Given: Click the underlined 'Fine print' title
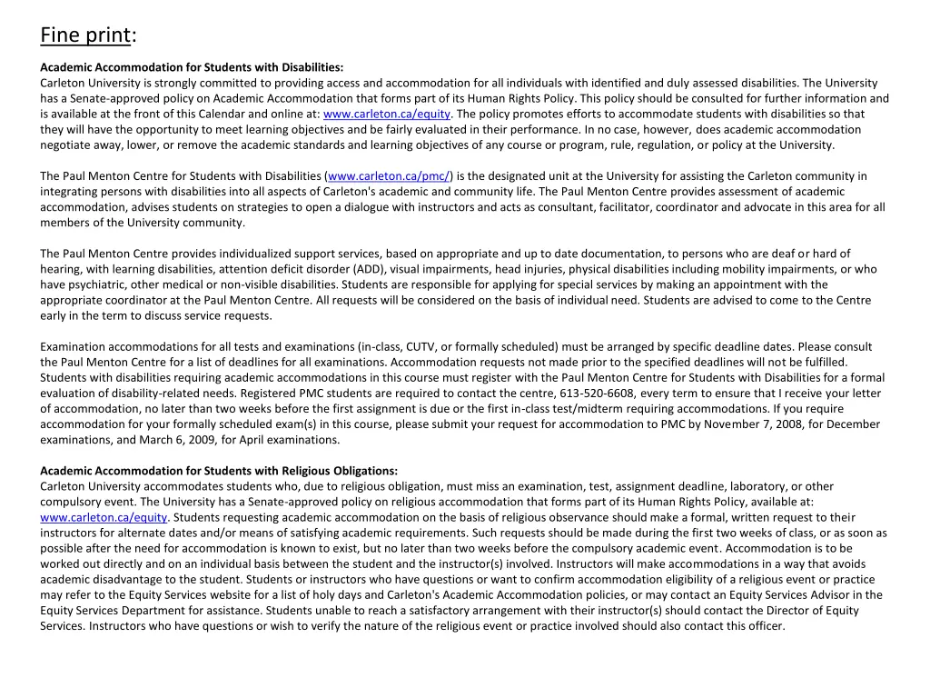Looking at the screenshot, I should (x=85, y=35).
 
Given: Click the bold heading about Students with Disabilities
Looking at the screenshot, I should (x=192, y=67).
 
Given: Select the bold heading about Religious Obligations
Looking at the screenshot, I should (x=219, y=471).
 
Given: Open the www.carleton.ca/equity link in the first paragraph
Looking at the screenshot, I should (x=387, y=114).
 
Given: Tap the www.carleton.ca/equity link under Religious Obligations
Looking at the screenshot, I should (x=104, y=517).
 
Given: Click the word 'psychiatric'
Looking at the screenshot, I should (x=100, y=284).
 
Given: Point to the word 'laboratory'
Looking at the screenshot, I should (x=750, y=486).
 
